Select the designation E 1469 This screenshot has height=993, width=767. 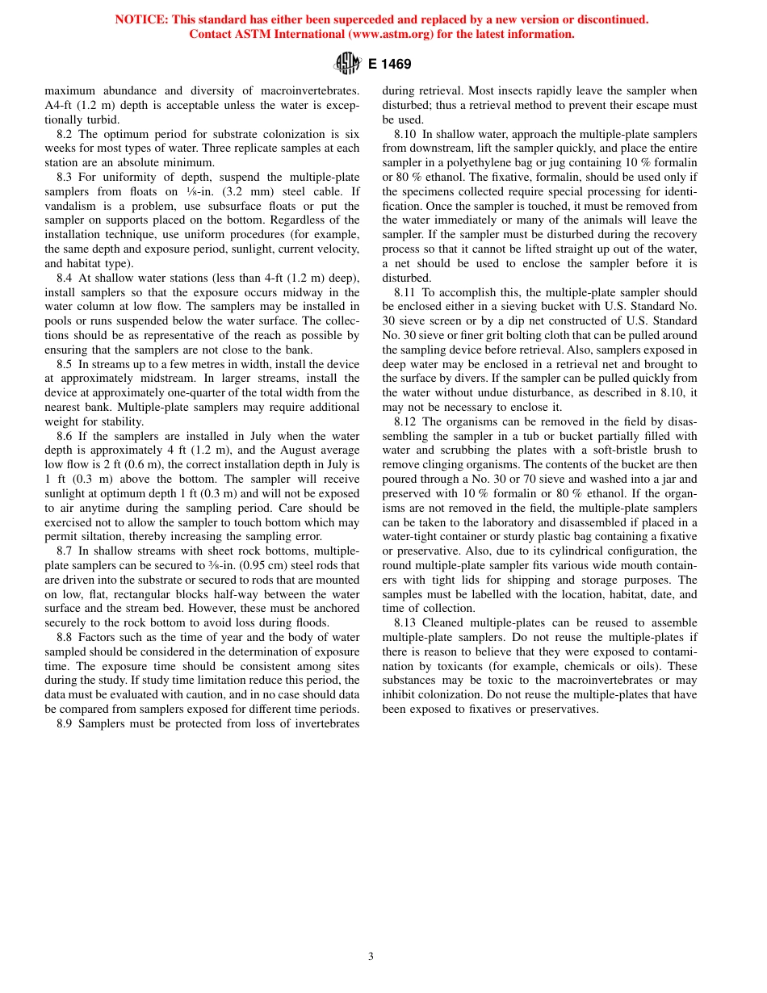[x=390, y=64]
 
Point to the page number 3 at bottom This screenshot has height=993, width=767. [x=371, y=957]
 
